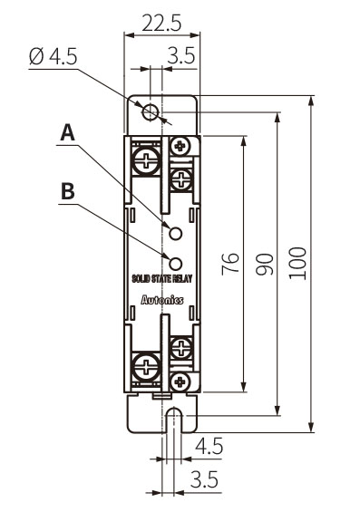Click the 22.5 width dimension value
point(161,24)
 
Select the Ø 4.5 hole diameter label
point(53,56)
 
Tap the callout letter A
point(67,132)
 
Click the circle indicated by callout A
point(175,233)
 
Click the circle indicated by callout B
point(175,264)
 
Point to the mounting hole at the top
point(151,112)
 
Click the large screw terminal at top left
point(146,161)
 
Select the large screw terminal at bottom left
point(146,366)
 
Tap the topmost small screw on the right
point(180,146)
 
